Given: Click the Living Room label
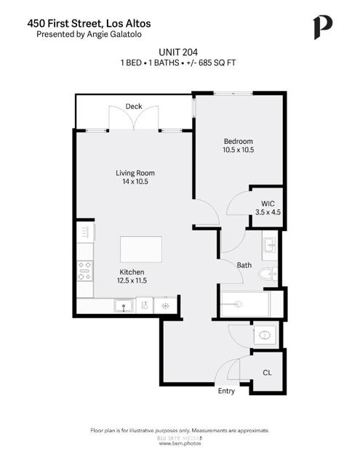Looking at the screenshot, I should pyautogui.click(x=135, y=173).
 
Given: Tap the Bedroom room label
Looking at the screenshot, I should pyautogui.click(x=238, y=141).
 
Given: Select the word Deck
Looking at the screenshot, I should pyautogui.click(x=133, y=107).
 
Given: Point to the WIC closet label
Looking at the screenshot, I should pyautogui.click(x=267, y=203).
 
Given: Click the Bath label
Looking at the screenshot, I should pyautogui.click(x=244, y=265).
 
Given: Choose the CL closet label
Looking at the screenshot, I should pyautogui.click(x=267, y=372).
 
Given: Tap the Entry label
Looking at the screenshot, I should pyautogui.click(x=226, y=392).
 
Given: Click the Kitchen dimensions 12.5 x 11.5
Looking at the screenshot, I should pyautogui.click(x=132, y=280).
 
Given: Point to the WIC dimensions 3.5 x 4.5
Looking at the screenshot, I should pyautogui.click(x=267, y=213).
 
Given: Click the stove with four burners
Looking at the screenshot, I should pyautogui.click(x=84, y=271).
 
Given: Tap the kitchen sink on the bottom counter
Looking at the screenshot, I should pyautogui.click(x=124, y=306).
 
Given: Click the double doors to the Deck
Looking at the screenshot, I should pyautogui.click(x=133, y=118).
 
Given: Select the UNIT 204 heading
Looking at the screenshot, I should pyautogui.click(x=178, y=52).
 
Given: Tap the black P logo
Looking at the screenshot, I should pyautogui.click(x=322, y=28).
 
